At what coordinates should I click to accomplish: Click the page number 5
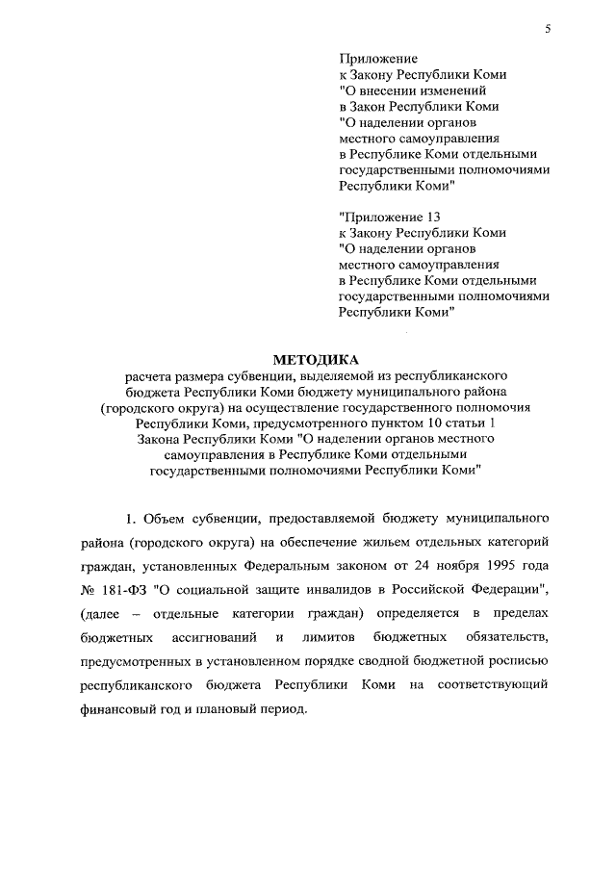pos(547,30)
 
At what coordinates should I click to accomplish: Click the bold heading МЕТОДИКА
pos(308,359)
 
